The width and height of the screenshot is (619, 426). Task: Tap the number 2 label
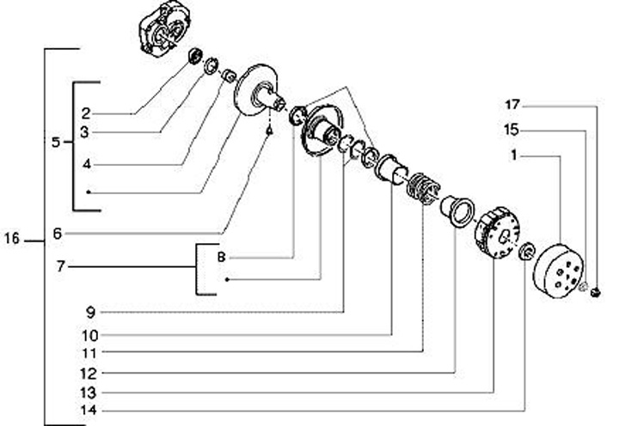[86, 113]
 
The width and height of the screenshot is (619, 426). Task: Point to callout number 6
[57, 233]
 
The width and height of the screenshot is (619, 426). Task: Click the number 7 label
[60, 267]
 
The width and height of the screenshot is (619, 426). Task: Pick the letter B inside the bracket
[220, 257]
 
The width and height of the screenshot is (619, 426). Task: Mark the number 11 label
[89, 352]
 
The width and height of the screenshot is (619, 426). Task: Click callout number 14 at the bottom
[89, 411]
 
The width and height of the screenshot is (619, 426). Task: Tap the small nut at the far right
[596, 293]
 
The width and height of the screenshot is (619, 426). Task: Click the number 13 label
[89, 392]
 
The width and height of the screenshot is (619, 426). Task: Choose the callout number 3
[86, 132]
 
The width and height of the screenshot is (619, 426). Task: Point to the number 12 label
[89, 373]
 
